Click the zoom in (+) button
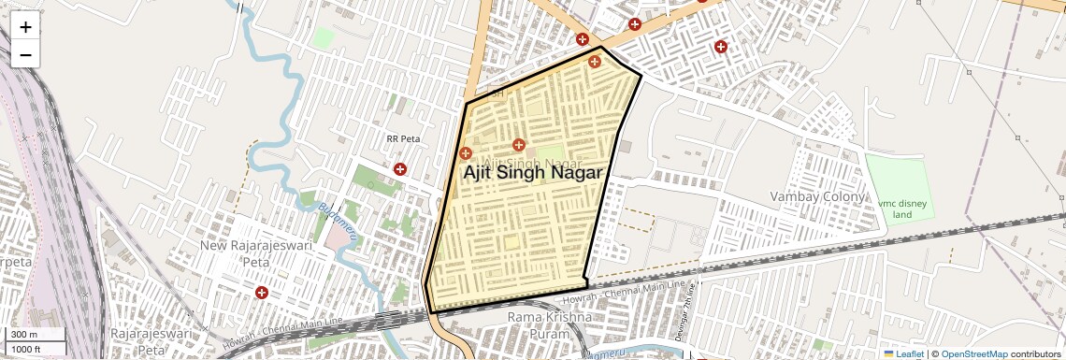(x=25, y=27)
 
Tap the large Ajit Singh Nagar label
(x=531, y=173)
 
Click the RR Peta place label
(x=404, y=139)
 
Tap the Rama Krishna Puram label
(x=549, y=325)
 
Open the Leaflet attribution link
(x=903, y=353)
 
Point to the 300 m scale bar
(x=36, y=335)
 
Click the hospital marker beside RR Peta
(x=400, y=169)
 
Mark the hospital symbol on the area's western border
(x=466, y=152)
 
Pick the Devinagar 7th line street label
(x=690, y=302)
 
